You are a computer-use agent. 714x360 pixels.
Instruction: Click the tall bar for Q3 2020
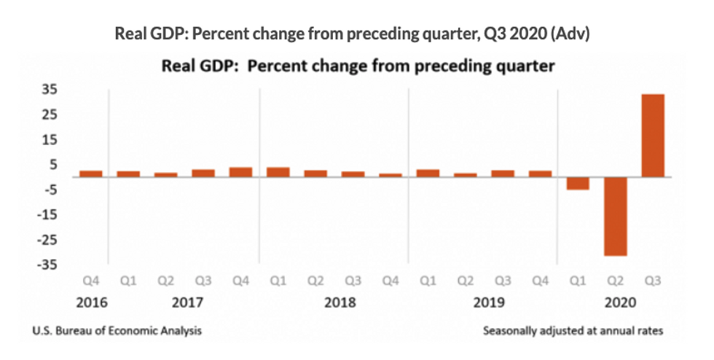653,136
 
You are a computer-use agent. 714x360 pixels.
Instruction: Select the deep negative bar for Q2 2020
616,216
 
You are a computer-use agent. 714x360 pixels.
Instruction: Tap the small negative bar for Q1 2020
578,183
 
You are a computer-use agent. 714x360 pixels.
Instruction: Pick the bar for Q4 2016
91,173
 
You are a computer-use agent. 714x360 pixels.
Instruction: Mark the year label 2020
615,302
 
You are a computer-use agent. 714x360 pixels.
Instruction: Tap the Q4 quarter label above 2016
91,280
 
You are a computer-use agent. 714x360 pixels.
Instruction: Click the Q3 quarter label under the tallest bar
653,280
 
